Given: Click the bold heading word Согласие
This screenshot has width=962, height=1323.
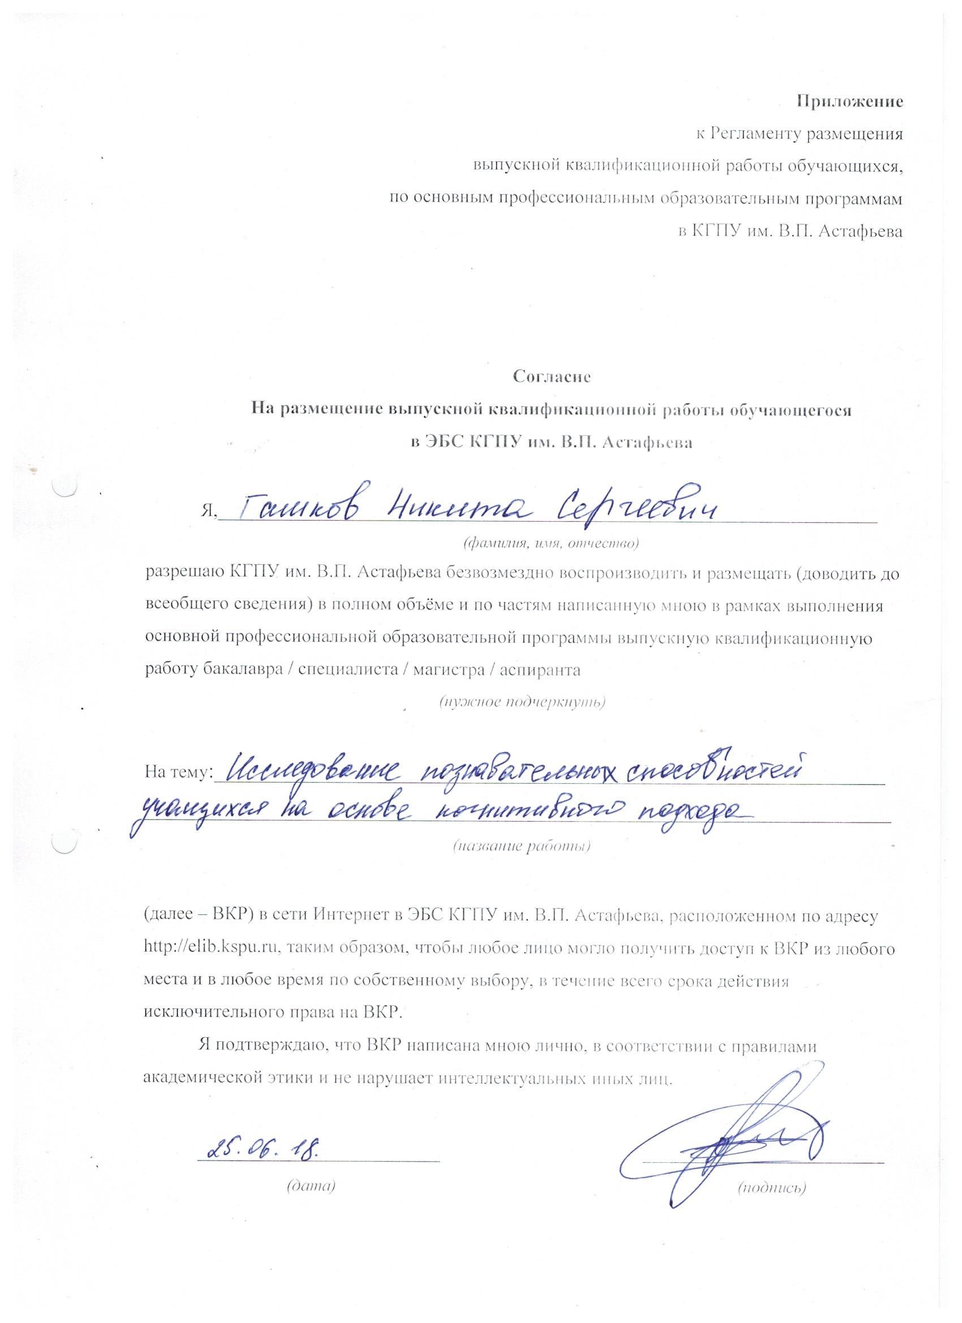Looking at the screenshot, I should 552,377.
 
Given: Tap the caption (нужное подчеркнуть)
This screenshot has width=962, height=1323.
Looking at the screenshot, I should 522,702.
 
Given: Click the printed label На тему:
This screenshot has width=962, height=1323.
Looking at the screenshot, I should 178,774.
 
